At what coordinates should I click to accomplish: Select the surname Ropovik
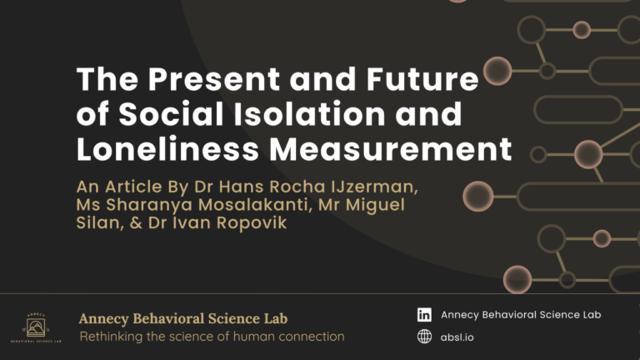[253, 223]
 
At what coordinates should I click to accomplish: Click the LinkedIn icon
[425, 315]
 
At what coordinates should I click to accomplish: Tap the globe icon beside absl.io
[425, 337]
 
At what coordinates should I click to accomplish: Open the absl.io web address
[457, 337]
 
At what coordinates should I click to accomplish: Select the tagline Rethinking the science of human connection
[211, 337]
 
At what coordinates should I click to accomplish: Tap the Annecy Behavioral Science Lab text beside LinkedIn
[521, 315]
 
